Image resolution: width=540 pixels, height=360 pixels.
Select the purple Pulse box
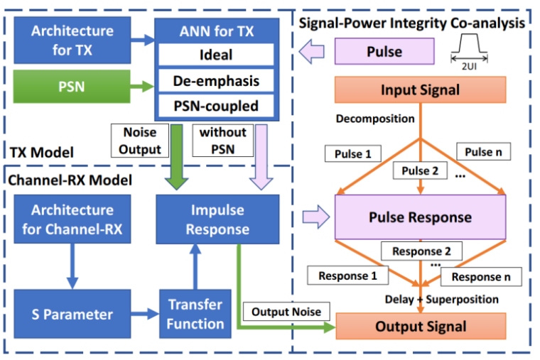click(384, 53)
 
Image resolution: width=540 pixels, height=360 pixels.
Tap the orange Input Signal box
click(420, 90)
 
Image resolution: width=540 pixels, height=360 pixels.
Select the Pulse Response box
click(420, 217)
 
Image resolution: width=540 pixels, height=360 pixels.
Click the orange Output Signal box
click(420, 326)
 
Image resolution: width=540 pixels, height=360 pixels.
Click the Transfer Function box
click(195, 313)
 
